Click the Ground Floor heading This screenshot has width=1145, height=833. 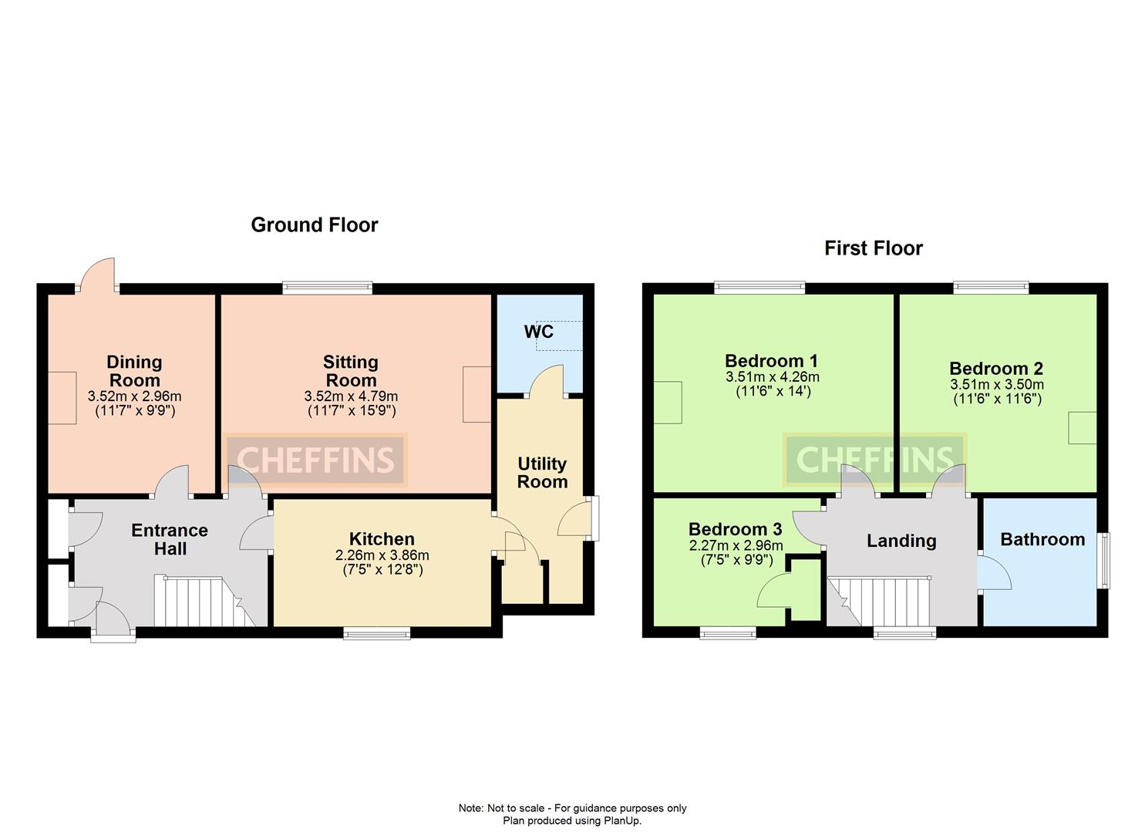[x=315, y=225]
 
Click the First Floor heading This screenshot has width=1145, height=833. [x=873, y=248]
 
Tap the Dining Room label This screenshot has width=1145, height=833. [x=134, y=371]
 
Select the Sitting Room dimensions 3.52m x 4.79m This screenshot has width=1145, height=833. [x=351, y=396]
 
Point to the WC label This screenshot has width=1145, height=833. [x=538, y=332]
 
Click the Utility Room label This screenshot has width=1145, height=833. [x=542, y=473]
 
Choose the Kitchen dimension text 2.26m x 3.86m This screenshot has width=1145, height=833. [x=382, y=555]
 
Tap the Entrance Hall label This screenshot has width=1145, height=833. [x=170, y=540]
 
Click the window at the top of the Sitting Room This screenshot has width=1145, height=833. [x=327, y=288]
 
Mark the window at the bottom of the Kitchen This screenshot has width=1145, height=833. [x=377, y=633]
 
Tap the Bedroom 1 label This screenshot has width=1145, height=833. [x=771, y=361]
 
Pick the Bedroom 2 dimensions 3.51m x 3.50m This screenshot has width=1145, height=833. [x=996, y=385]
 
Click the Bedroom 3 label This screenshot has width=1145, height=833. [x=735, y=529]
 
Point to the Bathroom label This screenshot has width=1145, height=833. [x=1042, y=539]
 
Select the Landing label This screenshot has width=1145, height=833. [x=901, y=541]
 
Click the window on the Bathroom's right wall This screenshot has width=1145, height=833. [x=1104, y=561]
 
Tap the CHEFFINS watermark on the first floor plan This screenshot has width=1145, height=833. [x=874, y=460]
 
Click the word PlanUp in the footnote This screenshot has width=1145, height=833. [x=623, y=821]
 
